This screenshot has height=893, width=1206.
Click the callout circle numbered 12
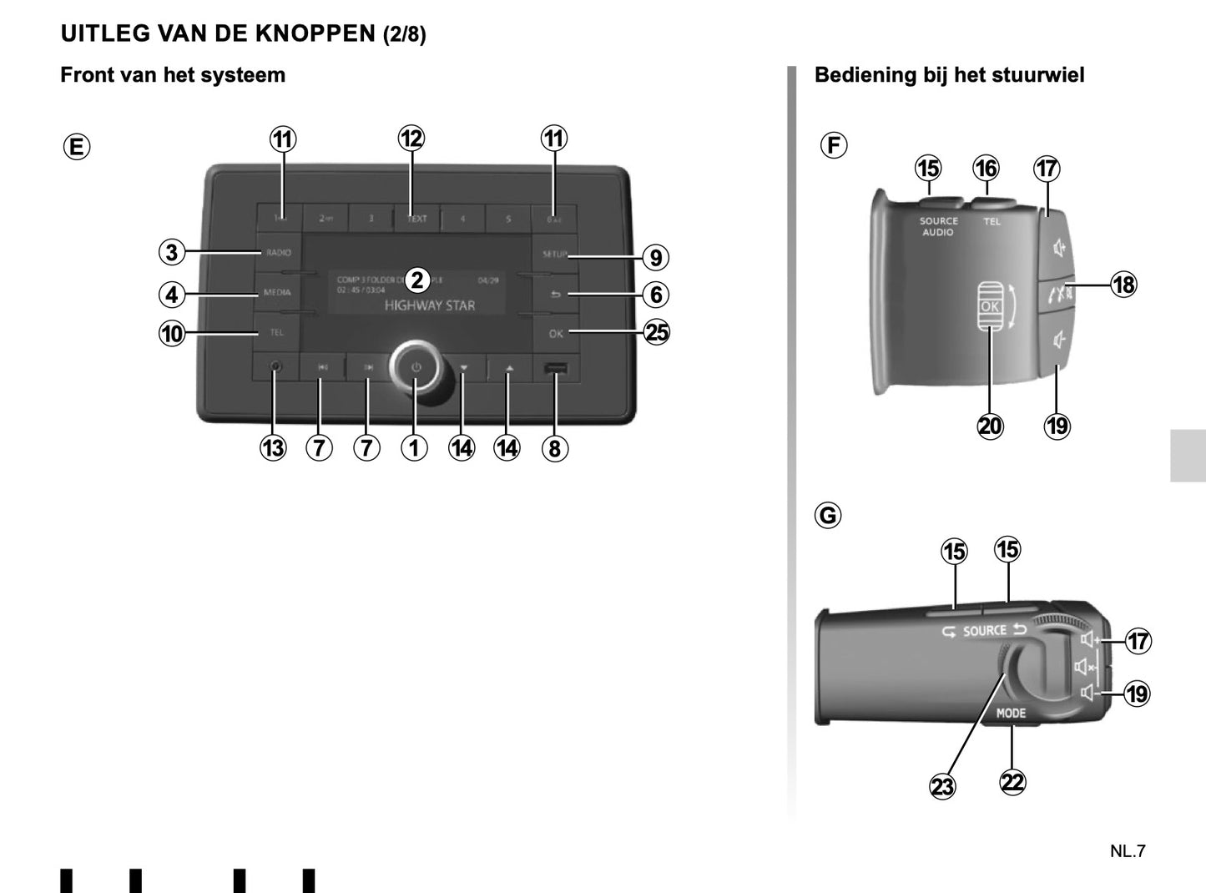[411, 139]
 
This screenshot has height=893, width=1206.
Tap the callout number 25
[657, 332]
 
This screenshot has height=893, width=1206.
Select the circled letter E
[76, 147]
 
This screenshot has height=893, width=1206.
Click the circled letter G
[828, 515]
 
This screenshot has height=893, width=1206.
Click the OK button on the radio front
[556, 333]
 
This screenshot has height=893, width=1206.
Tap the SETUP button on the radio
[554, 254]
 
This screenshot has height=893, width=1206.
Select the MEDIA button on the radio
[277, 292]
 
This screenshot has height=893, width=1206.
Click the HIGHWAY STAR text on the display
[429, 305]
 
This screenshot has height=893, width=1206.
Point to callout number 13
[273, 448]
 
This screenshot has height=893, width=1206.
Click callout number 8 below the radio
[554, 448]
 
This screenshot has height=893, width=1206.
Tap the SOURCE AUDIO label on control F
[938, 226]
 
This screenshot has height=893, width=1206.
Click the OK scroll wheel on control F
[990, 306]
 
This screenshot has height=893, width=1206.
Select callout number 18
[1123, 285]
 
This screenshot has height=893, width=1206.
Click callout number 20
[990, 426]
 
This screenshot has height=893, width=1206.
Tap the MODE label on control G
[1011, 713]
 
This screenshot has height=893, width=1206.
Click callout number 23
[942, 786]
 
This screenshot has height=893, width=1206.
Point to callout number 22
[1012, 782]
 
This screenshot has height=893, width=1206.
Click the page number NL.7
[1128, 851]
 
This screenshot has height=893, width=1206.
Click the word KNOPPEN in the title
[315, 33]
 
